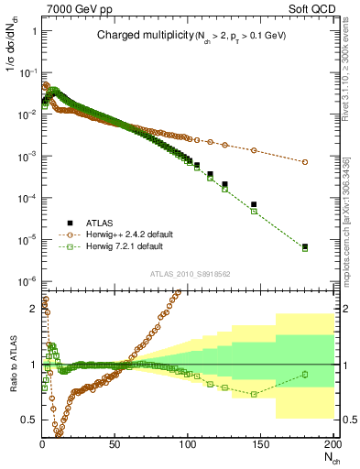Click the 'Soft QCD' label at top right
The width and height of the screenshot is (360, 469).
[x=309, y=7]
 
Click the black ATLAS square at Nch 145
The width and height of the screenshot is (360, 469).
[x=254, y=204]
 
